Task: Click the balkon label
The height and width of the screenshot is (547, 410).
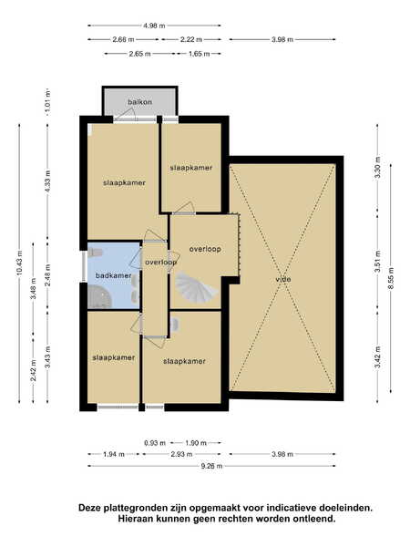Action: click(x=139, y=102)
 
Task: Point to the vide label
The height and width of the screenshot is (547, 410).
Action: click(x=283, y=280)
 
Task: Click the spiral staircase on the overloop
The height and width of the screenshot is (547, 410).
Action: click(x=196, y=286)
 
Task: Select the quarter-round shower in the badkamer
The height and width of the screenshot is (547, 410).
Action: click(x=99, y=297)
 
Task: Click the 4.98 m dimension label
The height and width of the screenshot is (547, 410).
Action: click(x=154, y=26)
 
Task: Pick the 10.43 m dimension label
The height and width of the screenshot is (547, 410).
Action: click(x=19, y=263)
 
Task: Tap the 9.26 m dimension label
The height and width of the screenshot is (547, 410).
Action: click(x=211, y=466)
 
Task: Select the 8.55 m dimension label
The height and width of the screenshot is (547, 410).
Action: click(x=391, y=278)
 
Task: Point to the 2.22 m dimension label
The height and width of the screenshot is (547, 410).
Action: click(x=191, y=39)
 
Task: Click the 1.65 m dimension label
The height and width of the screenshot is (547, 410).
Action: click(x=199, y=54)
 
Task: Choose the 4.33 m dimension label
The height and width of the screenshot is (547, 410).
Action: click(x=47, y=181)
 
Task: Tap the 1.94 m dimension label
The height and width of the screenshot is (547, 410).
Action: click(x=114, y=454)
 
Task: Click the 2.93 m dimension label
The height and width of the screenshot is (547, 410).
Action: click(x=181, y=454)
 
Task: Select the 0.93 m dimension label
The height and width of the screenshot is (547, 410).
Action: click(x=155, y=443)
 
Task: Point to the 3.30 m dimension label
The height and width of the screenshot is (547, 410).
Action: click(x=377, y=168)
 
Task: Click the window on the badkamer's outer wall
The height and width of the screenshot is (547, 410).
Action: click(x=84, y=266)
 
